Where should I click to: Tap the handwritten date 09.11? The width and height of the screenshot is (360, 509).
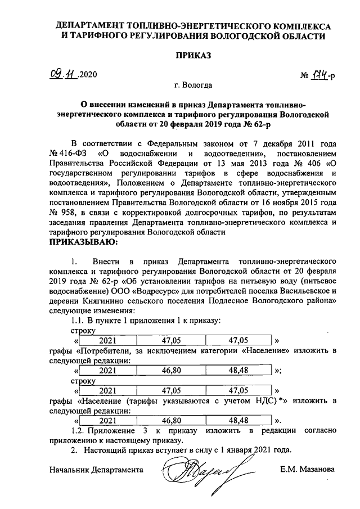coord(62,75)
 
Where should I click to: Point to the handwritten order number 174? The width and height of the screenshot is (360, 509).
coord(320,75)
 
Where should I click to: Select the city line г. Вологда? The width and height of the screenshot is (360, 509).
coord(193,86)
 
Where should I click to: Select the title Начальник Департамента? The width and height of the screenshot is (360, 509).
coord(96,469)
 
